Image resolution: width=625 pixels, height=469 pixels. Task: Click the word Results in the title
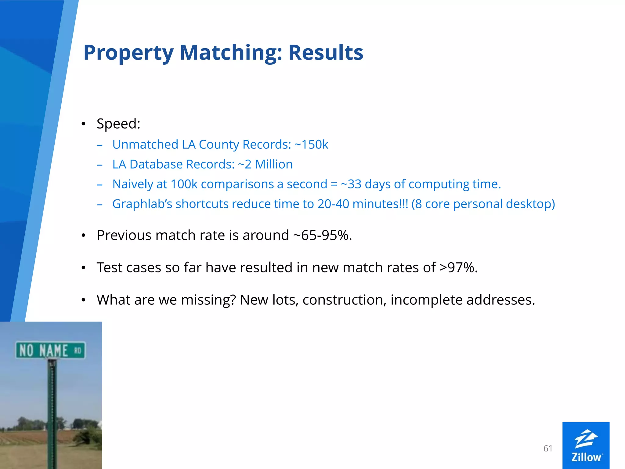coord(326,53)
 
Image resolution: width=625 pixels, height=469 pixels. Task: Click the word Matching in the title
coord(231,53)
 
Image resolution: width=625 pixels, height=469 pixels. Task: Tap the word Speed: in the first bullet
coord(118,124)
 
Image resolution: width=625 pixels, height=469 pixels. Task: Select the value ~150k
coord(311,144)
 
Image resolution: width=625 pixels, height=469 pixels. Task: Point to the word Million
coord(274,164)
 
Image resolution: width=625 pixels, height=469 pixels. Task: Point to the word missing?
coord(208,300)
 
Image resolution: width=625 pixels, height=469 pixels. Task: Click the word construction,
coord(345,300)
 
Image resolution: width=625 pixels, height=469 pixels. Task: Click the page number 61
coord(548,448)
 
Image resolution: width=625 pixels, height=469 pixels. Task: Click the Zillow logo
coord(586,445)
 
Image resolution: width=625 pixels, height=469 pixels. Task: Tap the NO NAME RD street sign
coord(50,350)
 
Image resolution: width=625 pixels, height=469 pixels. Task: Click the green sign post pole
coord(52,412)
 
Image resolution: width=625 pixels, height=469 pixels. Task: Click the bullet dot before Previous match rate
coord(83,236)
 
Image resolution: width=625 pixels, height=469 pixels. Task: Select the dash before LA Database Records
coord(99,165)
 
